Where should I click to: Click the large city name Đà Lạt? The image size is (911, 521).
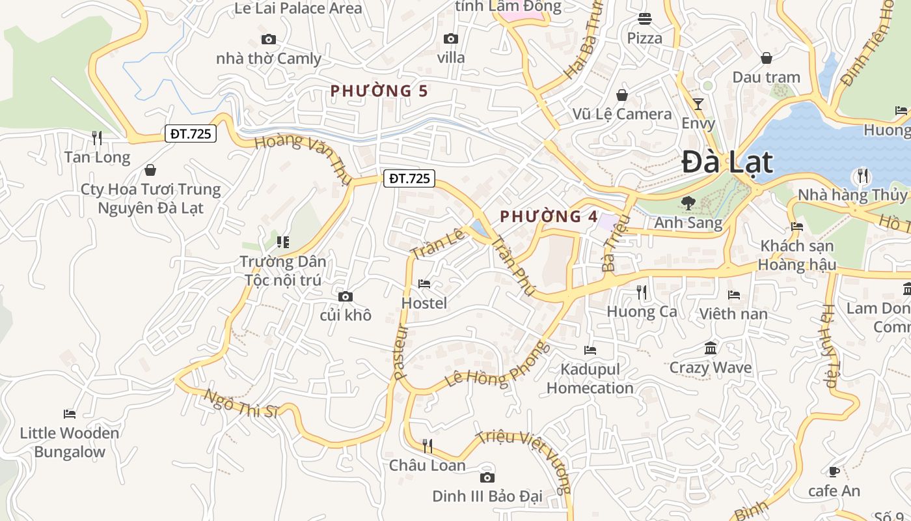(x=727, y=163)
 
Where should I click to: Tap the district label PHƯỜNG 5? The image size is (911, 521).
(x=379, y=91)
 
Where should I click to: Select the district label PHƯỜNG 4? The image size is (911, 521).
(x=549, y=217)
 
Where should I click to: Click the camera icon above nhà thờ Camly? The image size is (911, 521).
(x=268, y=40)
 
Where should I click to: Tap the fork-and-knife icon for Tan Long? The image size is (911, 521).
(x=97, y=138)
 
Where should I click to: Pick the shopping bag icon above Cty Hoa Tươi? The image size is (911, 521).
(x=150, y=171)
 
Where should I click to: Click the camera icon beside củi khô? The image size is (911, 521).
(x=346, y=297)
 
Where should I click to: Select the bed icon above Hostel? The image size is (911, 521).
(x=424, y=284)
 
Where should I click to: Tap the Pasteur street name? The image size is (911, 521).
(x=400, y=352)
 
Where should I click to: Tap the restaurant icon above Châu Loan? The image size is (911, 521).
(x=428, y=446)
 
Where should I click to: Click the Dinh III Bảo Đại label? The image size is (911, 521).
(x=487, y=497)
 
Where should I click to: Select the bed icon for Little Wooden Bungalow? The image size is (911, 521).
(x=70, y=414)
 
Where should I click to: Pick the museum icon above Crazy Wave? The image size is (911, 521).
(x=711, y=348)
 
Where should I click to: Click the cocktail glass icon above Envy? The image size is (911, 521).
(x=698, y=104)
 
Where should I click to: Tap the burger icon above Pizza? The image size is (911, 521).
(x=645, y=19)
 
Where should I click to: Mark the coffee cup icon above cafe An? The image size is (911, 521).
(x=834, y=472)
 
